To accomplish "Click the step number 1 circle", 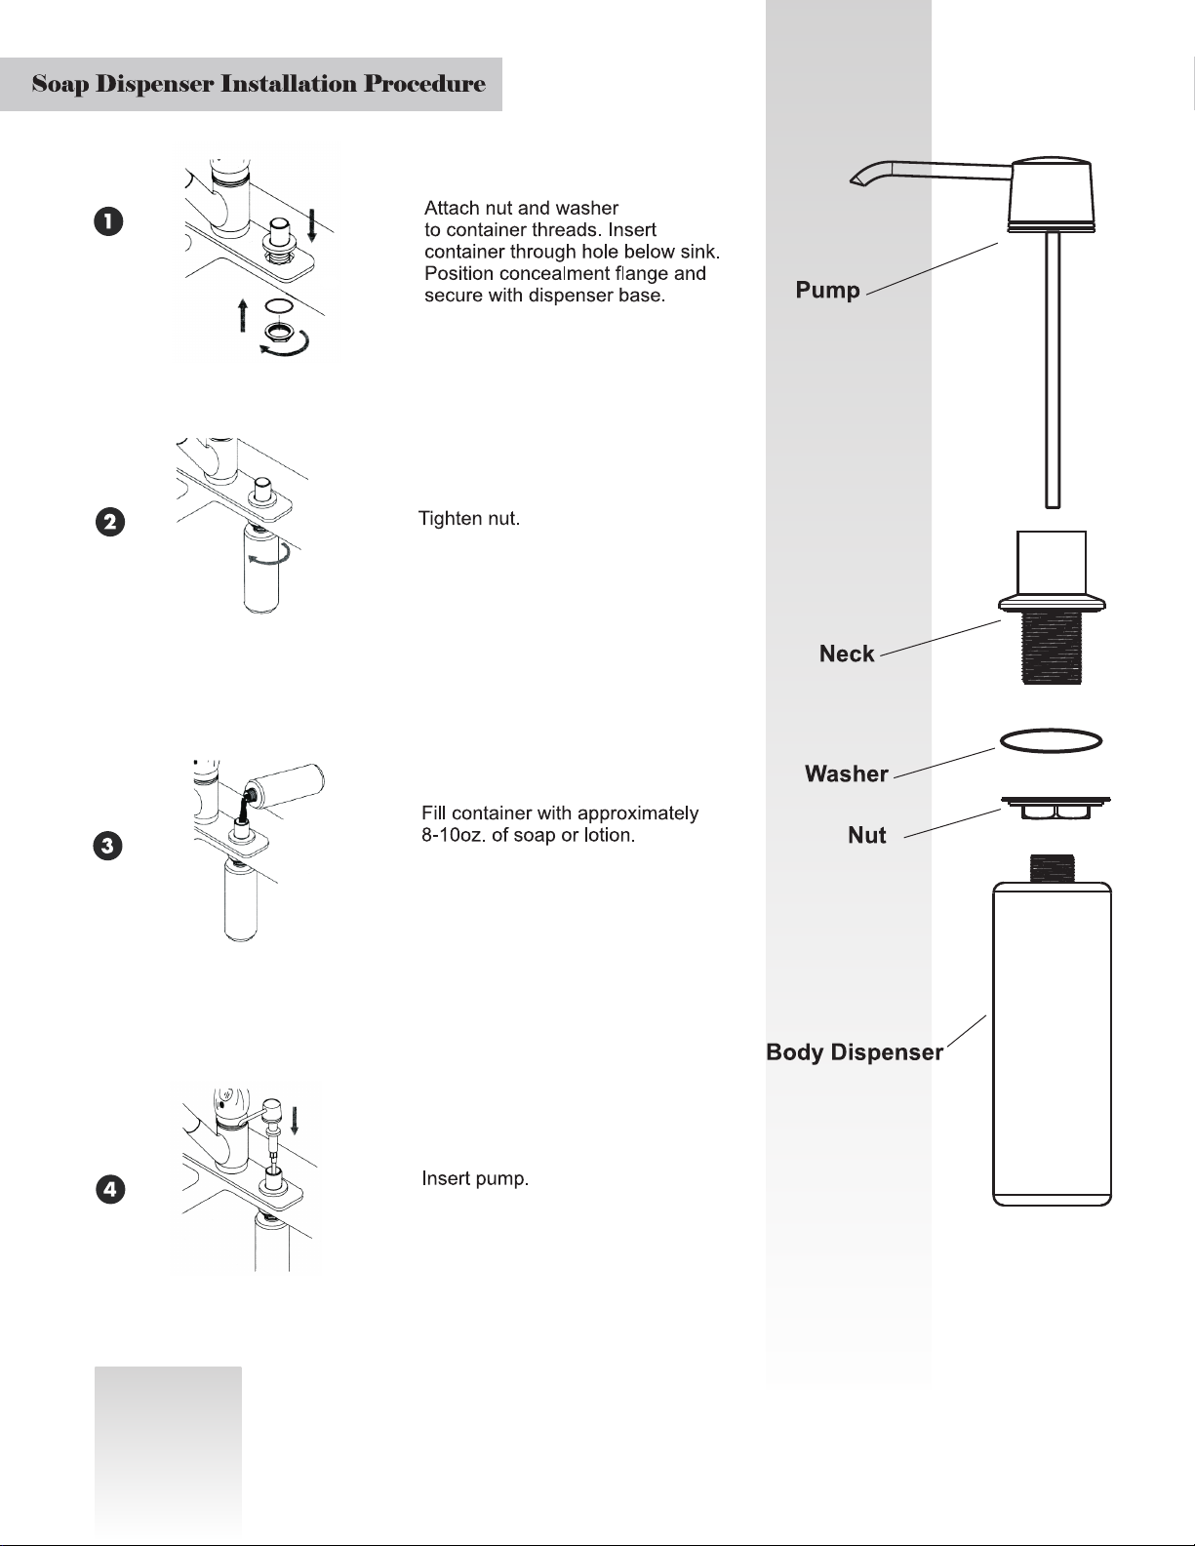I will [x=108, y=221].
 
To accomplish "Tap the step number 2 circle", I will [x=110, y=522].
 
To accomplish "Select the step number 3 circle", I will [x=108, y=845].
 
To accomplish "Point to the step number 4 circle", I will [x=110, y=1189].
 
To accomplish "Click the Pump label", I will [x=827, y=291].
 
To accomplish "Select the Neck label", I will [x=846, y=654].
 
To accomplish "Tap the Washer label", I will [x=846, y=774].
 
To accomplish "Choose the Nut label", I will [x=866, y=836].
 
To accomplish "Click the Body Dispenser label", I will [x=855, y=1052].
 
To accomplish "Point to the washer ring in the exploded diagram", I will [x=1051, y=741].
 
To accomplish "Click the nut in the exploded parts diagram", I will [x=1056, y=808].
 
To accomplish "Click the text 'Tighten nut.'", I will [x=469, y=519].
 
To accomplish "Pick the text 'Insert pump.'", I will [x=475, y=1179].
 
